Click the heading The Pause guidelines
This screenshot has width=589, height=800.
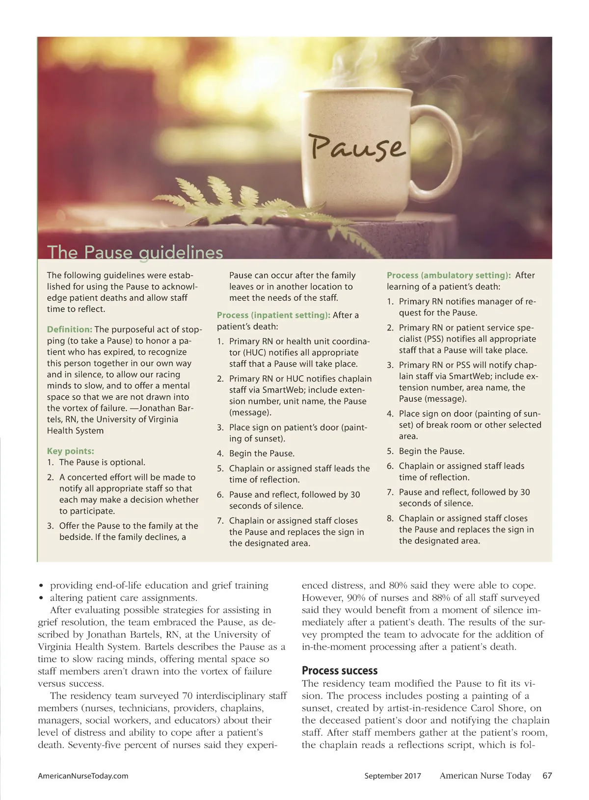point(135,252)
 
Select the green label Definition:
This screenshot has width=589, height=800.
point(69,330)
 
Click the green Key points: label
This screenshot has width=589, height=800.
point(70,451)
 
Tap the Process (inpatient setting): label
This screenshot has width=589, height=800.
point(273,315)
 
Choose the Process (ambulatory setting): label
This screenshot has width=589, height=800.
point(449,276)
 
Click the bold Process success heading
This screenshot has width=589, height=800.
point(340,671)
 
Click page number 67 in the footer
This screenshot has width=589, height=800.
point(547,776)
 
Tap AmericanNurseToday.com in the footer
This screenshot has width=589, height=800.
point(83,776)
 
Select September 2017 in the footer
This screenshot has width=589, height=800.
point(393,776)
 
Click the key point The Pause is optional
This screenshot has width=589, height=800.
point(102,463)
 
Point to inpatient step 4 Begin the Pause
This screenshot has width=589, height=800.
point(262,454)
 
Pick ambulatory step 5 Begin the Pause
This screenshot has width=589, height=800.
point(431,451)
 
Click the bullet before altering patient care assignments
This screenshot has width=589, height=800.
point(42,598)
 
